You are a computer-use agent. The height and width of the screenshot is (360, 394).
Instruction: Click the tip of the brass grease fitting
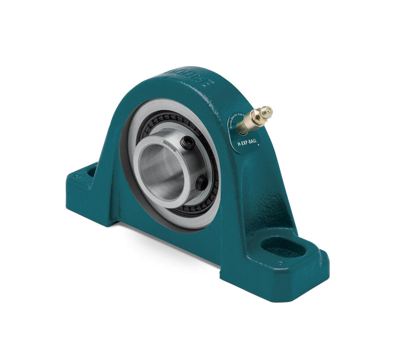coord(268,110)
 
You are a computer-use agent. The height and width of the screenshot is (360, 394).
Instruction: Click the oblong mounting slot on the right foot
coord(283,247)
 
